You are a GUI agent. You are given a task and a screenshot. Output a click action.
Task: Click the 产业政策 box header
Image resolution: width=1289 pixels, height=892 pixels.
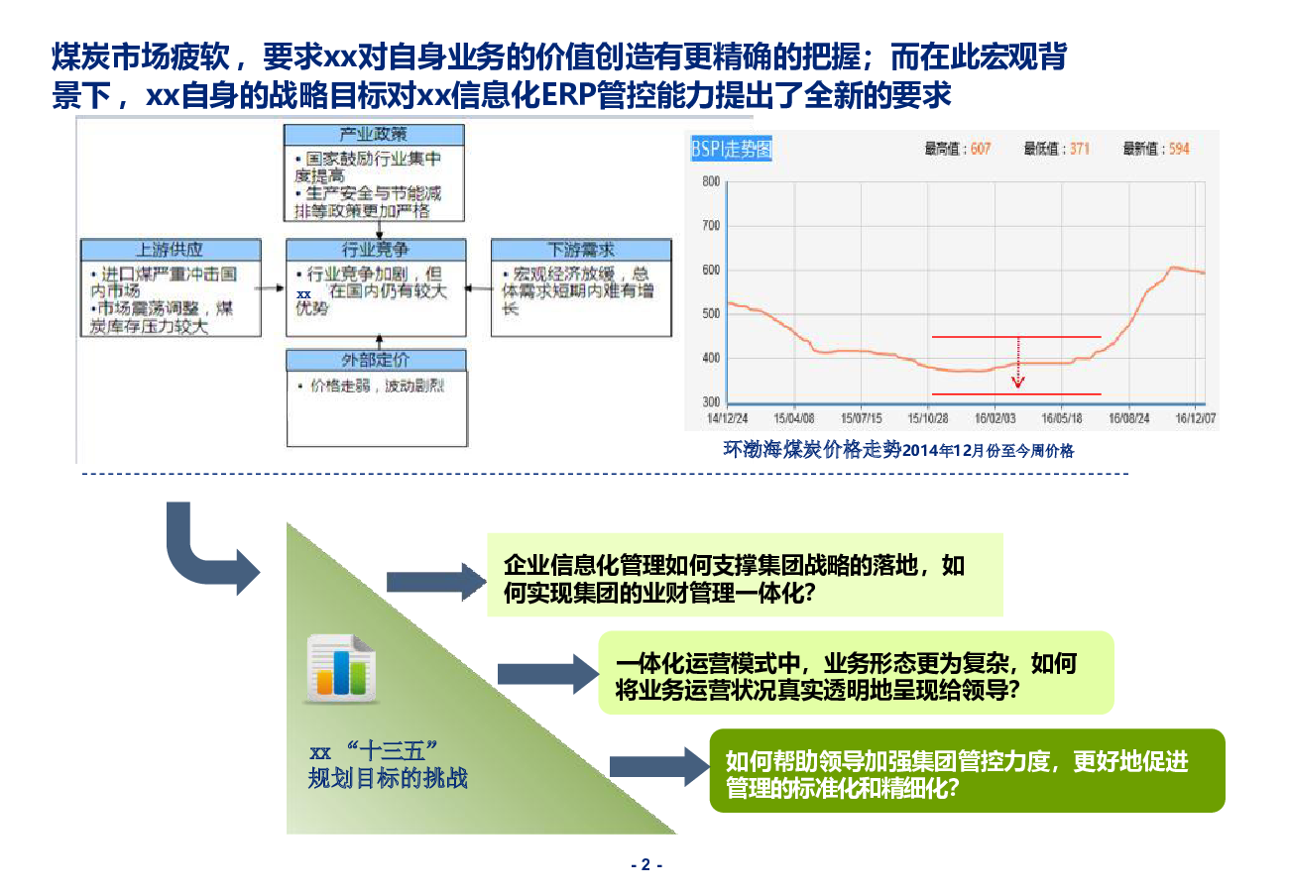point(373,135)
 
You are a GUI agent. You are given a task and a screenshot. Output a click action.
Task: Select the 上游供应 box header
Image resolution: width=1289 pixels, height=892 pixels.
point(170,250)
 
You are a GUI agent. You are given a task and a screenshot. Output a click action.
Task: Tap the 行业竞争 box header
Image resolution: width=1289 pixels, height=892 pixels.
point(375,250)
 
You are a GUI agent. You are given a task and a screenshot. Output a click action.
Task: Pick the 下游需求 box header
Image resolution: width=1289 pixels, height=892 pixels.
point(581,250)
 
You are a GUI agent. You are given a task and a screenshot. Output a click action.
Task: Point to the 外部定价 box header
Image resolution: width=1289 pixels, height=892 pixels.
point(375,360)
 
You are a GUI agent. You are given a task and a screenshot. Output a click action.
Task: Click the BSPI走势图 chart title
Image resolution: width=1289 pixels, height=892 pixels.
point(731,150)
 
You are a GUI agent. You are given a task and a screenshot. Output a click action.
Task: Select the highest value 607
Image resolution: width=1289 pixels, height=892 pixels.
point(980,150)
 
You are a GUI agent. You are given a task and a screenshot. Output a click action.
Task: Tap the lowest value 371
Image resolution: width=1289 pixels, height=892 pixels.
point(1079,150)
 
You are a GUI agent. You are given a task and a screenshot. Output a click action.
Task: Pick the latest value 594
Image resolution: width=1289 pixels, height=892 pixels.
point(1179,150)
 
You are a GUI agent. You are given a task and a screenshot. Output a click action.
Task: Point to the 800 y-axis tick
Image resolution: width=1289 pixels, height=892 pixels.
point(710,181)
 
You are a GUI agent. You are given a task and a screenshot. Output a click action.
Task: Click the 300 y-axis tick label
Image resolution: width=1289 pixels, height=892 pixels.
point(710,402)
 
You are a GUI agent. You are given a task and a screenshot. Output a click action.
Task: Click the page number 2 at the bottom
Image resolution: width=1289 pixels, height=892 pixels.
point(645,864)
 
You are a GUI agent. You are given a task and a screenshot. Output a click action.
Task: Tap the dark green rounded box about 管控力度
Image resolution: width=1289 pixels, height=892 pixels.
point(967,771)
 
